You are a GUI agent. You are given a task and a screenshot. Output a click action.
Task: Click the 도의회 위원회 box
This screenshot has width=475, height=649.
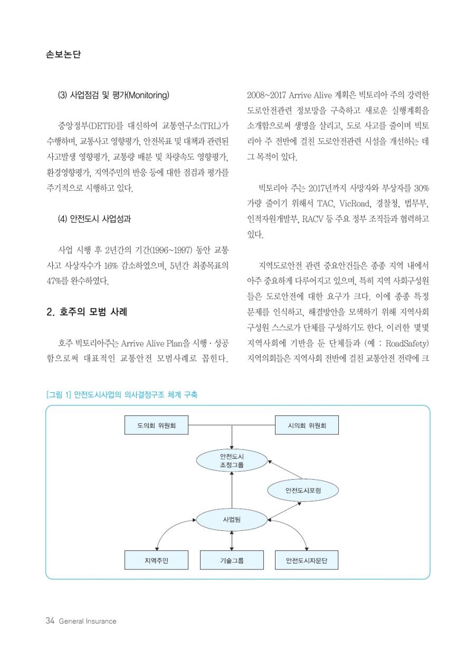coord(156,425)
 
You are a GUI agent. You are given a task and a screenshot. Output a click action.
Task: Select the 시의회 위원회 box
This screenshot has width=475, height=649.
coord(307,425)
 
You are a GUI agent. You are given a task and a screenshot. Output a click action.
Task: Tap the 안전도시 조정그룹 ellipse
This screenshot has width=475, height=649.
coord(232,460)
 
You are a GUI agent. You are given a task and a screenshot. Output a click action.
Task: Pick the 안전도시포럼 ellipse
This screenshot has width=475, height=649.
coord(303,490)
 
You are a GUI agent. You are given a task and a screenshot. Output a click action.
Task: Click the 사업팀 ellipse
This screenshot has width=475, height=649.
coord(232,519)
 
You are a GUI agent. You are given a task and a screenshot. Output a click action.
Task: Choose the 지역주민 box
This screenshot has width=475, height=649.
coord(156,560)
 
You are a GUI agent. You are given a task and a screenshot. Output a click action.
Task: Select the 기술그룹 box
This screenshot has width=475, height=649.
coord(232,560)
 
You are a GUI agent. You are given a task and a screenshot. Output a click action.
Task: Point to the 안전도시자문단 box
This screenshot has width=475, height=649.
coord(307,560)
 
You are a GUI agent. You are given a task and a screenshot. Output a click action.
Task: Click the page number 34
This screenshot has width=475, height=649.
coord(50,621)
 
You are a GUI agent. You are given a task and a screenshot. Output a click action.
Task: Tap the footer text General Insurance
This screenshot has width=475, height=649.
coord(88,621)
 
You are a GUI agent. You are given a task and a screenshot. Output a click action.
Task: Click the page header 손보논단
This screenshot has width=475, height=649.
coord(63,54)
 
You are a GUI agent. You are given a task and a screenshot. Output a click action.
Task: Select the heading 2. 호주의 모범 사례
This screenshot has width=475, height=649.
coord(87,312)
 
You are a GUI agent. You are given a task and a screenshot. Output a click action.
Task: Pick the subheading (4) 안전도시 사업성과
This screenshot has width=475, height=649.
coord(94,219)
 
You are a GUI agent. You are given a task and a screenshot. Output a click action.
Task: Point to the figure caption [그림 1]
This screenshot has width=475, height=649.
coord(58,394)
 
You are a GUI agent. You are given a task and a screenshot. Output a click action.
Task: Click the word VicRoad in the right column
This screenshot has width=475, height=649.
coord(355,204)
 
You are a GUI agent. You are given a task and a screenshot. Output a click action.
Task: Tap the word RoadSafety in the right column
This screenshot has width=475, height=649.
coord(406,343)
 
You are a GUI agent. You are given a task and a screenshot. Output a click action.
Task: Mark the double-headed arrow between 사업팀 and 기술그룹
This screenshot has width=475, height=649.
coord(232,540)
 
